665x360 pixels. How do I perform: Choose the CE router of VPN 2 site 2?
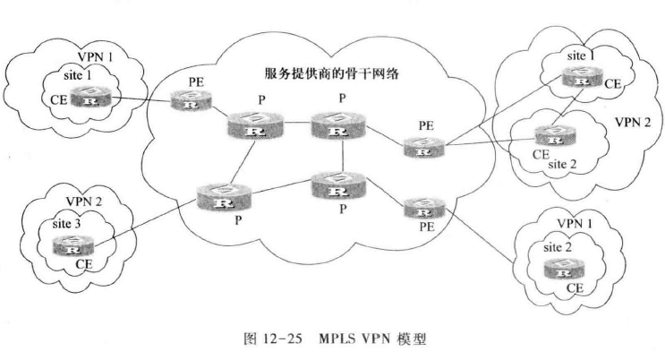(x=549, y=138)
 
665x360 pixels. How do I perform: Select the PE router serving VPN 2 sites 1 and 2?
(x=418, y=146)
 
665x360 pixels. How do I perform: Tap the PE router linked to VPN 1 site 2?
(x=418, y=210)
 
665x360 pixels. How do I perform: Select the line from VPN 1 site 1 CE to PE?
(x=134, y=99)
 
